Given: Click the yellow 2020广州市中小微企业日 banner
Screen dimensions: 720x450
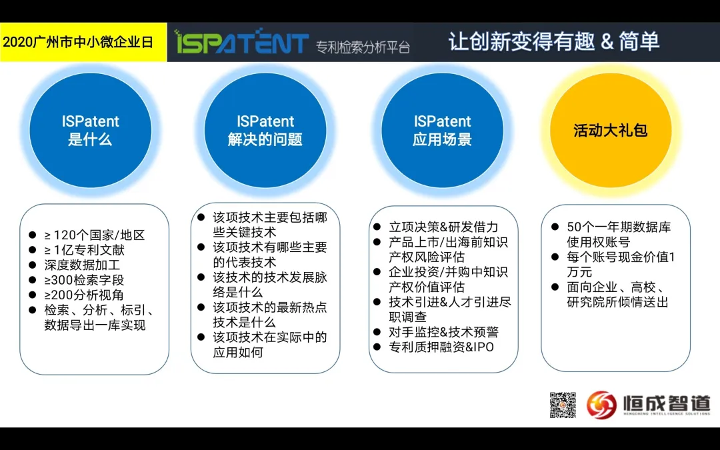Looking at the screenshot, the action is coord(83,42).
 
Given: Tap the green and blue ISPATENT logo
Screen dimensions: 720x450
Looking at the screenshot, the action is coord(241,41).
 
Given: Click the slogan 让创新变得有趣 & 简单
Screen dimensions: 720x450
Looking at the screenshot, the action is coord(554,41).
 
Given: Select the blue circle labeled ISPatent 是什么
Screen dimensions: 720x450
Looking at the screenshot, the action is coord(91,131).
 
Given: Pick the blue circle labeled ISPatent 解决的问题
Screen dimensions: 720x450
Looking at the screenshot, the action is coord(265,131).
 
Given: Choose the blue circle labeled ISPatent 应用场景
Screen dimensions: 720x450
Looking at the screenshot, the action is coord(442,131).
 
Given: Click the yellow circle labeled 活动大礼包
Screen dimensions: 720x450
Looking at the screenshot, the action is coord(611,131).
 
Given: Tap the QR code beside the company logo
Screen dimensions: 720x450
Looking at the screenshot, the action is coord(563,405).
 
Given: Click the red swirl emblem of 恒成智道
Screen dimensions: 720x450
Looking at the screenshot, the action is coord(601,405).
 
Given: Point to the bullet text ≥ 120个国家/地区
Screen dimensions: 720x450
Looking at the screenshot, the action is coord(95,235).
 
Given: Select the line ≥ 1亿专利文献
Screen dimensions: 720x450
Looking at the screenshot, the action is coord(84,250).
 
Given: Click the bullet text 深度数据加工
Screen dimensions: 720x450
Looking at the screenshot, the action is coord(82,265).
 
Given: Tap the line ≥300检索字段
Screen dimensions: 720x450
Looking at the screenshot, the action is coord(84,280).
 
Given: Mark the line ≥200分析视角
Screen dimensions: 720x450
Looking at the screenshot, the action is coord(84,295).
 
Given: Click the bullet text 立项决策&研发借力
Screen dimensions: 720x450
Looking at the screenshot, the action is coord(443,227).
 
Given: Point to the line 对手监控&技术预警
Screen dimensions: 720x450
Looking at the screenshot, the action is coord(443,332).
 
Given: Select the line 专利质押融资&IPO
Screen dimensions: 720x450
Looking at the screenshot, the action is coord(441,347).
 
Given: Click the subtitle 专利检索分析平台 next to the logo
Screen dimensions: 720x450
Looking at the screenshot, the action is coord(363,47).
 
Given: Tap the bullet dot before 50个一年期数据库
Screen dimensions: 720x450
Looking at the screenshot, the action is coord(555,227).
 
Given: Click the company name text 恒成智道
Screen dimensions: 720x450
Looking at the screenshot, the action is coord(666,403).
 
